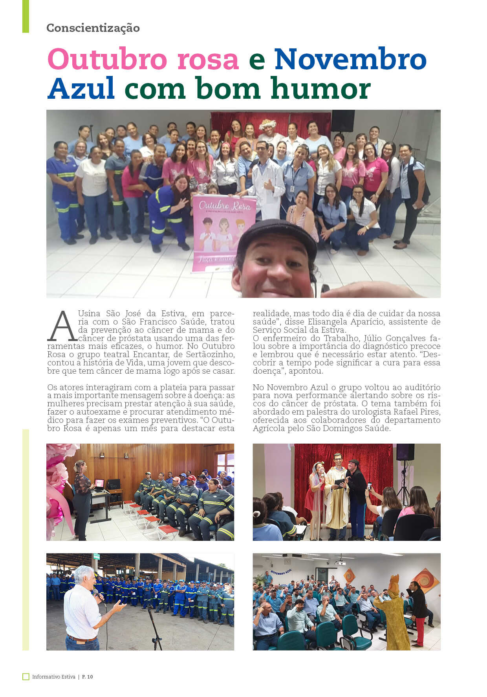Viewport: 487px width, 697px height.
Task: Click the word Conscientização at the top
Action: [x=93, y=28]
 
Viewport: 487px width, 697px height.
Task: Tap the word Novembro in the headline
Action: [x=350, y=59]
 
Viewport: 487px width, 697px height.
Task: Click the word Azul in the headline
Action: [x=81, y=88]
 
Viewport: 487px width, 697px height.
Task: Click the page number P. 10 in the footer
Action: [x=88, y=677]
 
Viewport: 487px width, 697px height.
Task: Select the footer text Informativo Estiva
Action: [x=54, y=677]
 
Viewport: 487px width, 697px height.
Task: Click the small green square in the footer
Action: [x=26, y=677]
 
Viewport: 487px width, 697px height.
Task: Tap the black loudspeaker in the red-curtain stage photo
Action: [x=405, y=452]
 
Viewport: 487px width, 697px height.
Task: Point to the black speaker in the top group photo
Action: [x=342, y=121]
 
